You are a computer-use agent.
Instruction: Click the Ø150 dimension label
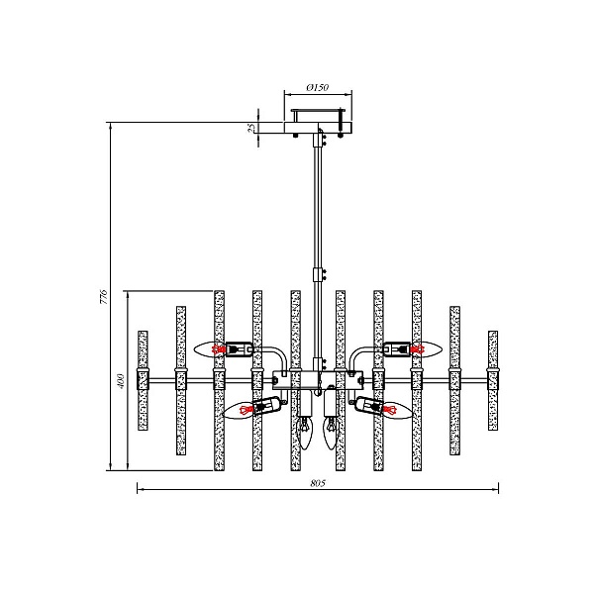click(318, 87)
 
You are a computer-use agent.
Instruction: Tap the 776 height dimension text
click(104, 297)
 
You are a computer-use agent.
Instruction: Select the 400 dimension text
click(121, 381)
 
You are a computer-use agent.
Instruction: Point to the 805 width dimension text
click(318, 483)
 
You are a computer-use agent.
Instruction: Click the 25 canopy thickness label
click(251, 128)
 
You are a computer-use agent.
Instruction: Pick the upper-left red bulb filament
click(218, 349)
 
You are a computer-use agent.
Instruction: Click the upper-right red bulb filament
click(418, 348)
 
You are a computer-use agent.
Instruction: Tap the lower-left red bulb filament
click(247, 410)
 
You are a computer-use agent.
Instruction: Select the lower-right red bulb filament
click(389, 409)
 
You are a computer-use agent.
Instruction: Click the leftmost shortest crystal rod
click(143, 380)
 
